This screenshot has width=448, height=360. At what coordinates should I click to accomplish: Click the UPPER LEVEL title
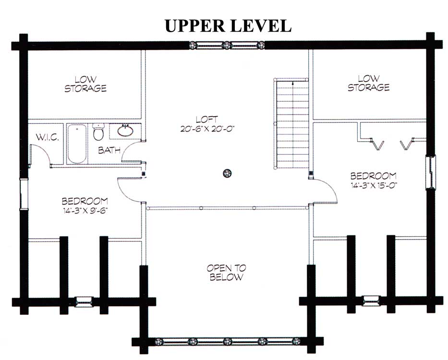228,26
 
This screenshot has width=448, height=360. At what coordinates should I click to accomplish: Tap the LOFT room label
207,119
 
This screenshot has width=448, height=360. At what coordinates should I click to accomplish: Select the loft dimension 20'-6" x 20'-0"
207,129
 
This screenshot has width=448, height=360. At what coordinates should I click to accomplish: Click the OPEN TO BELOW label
225,273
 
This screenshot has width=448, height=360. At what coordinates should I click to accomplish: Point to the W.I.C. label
47,138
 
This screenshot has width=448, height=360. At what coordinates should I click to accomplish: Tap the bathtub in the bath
76,144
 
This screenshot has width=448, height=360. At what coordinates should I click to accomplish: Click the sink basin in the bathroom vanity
125,130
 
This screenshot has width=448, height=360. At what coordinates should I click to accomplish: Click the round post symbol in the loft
227,173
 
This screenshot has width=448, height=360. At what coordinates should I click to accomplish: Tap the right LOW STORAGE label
368,83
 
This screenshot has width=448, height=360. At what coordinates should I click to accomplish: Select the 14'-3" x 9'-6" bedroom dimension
85,210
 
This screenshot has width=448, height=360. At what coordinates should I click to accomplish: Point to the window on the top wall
227,46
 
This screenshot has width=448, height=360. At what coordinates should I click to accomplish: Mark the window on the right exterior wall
432,172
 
